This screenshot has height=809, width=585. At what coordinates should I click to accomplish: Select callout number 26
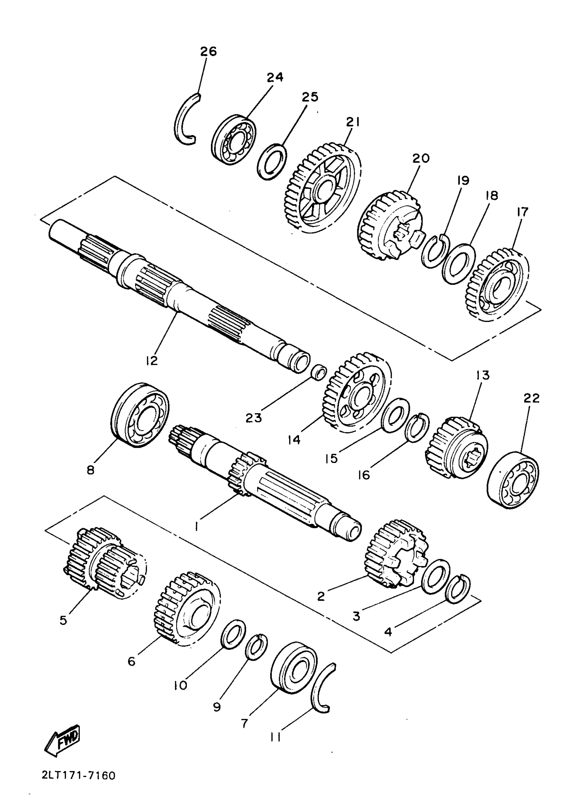pyautogui.click(x=208, y=51)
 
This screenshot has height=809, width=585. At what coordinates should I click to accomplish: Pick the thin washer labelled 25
pyautogui.click(x=272, y=162)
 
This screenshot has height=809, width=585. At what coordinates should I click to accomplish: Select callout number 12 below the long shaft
pyautogui.click(x=152, y=360)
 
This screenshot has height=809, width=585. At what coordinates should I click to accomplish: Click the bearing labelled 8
pyautogui.click(x=140, y=415)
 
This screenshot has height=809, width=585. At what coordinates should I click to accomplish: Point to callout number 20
pyautogui.click(x=421, y=158)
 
